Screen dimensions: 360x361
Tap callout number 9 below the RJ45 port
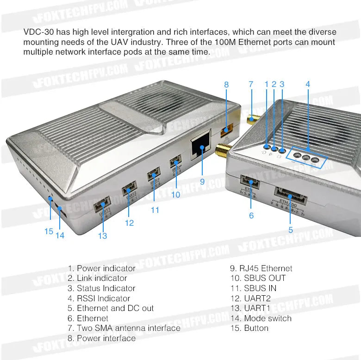(202, 182)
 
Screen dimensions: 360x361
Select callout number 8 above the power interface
(226, 85)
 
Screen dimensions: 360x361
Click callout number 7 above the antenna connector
(251, 85)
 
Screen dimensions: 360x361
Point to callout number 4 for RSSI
(308, 84)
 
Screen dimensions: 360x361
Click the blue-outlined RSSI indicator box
(306, 158)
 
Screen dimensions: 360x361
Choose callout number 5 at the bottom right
(291, 229)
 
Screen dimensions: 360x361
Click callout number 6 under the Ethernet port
(251, 215)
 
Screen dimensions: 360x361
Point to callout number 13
(102, 236)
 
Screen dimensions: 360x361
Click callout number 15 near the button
(49, 231)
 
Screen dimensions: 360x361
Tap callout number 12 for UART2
(129, 223)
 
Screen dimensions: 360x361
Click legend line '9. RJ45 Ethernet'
(261, 268)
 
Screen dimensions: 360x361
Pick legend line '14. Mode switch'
(261, 318)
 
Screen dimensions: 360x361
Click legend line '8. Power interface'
(101, 338)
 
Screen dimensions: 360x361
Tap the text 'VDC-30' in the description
(37, 32)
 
